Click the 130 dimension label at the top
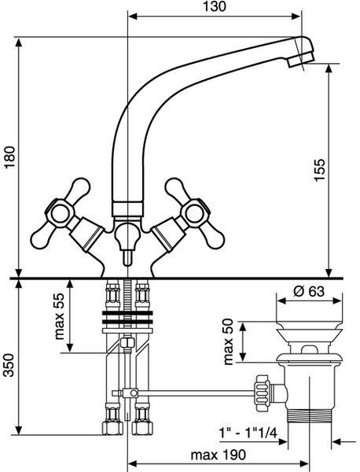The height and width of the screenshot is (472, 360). click(x=215, y=6)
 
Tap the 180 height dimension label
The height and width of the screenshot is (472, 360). click(x=9, y=158)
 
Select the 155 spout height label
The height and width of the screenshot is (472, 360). click(x=320, y=170)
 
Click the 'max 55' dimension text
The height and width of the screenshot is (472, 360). click(x=60, y=316)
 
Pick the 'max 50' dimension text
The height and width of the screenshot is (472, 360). click(x=229, y=341)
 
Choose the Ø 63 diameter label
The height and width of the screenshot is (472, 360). click(x=309, y=291)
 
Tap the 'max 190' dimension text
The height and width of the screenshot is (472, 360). click(x=219, y=455)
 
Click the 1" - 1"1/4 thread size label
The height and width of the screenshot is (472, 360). click(x=248, y=433)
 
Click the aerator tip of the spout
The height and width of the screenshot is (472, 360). click(x=301, y=61)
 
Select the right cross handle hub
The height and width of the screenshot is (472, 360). click(x=195, y=213)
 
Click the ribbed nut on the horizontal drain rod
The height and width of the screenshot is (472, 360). click(x=263, y=393)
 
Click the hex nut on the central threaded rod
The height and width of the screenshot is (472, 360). click(x=127, y=342)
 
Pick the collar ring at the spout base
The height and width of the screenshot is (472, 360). click(x=127, y=209)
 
